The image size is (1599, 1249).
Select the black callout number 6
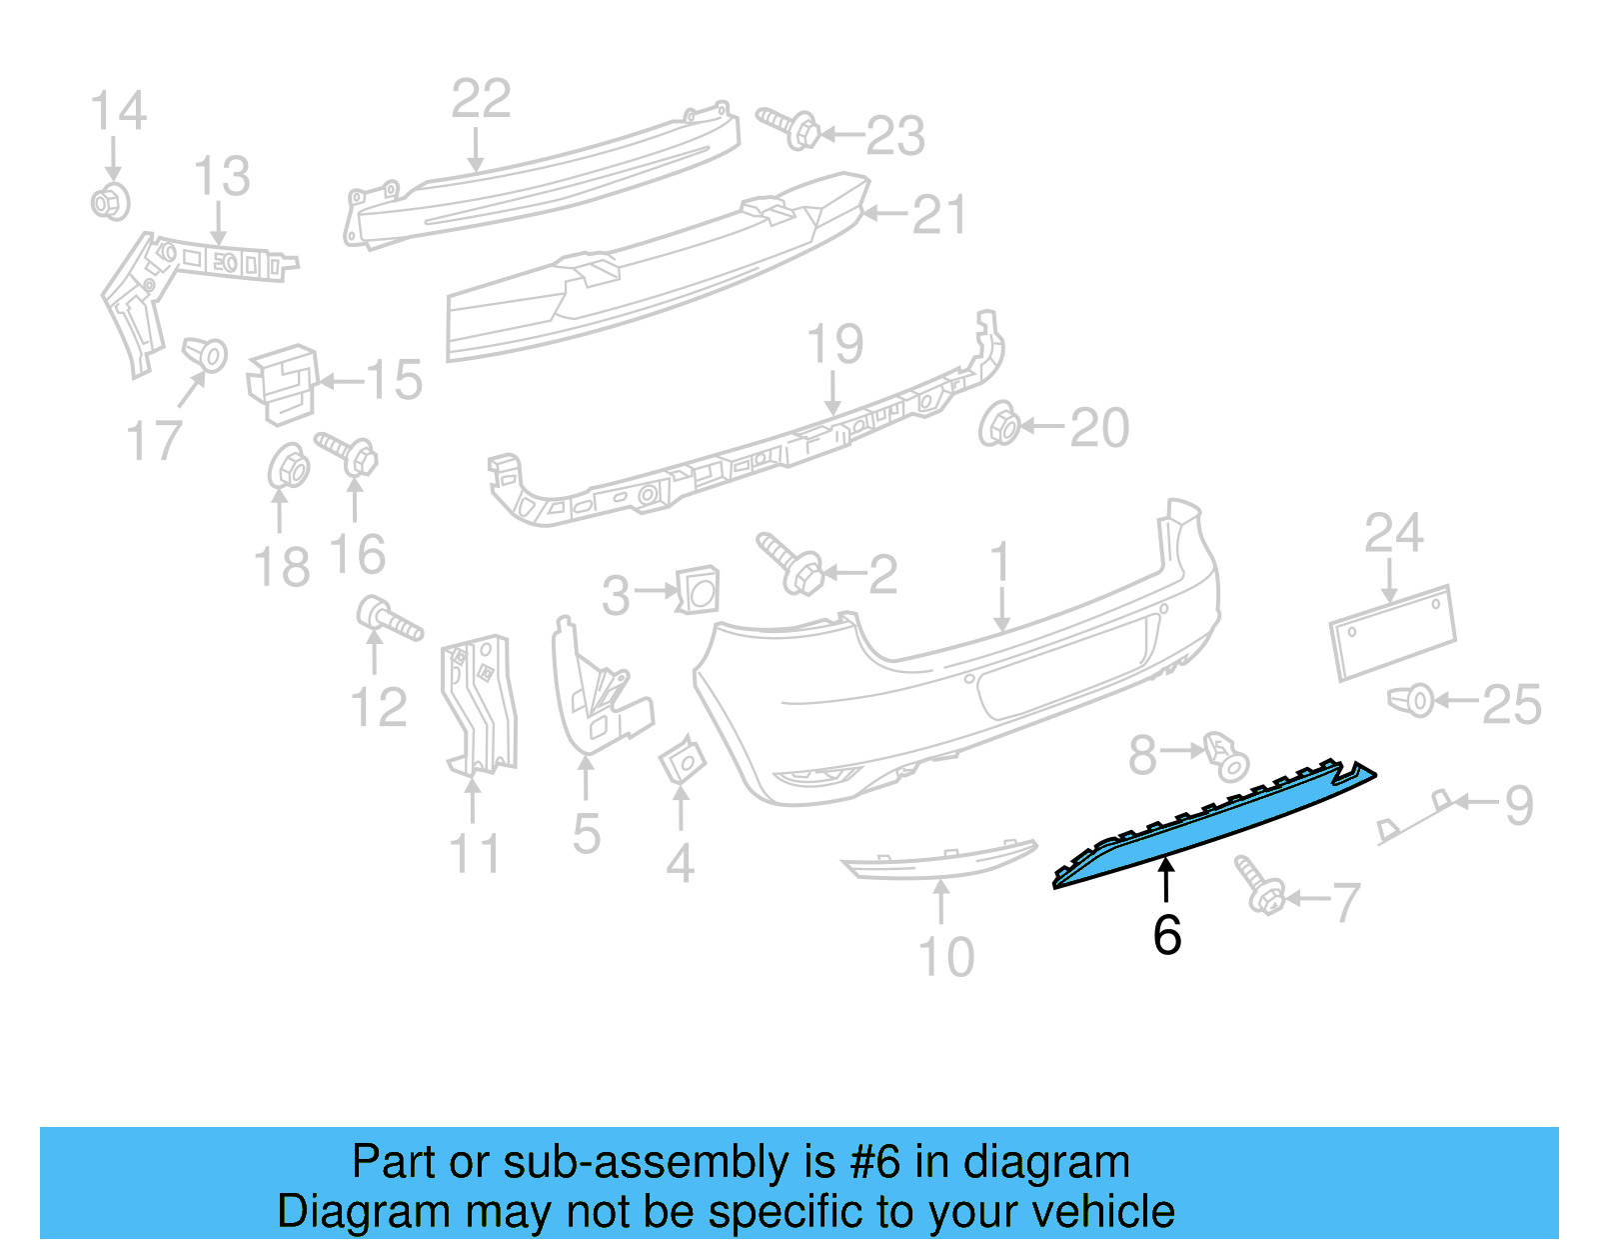[x=1167, y=935]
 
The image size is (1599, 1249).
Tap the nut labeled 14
[x=110, y=202]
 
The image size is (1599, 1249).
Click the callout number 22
[x=481, y=99]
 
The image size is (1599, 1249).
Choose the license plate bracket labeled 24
[x=1393, y=632]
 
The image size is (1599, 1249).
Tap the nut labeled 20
[x=998, y=424]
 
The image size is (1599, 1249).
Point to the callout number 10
[x=946, y=957]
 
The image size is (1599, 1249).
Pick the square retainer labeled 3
[x=698, y=589]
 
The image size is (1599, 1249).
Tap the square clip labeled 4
[x=683, y=759]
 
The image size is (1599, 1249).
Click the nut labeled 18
[x=289, y=466]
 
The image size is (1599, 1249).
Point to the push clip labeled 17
[x=205, y=354]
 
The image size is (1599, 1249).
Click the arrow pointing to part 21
[x=884, y=214]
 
